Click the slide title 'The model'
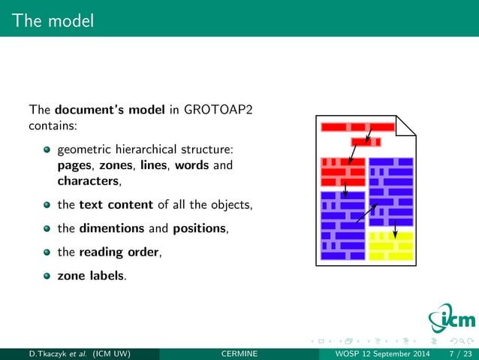53,21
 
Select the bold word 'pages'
74,165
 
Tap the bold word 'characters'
88,181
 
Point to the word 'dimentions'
111,228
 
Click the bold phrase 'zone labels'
91,275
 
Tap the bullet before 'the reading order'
47,253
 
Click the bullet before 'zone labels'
47,276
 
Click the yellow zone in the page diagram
391,246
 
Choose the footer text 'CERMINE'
240,353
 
